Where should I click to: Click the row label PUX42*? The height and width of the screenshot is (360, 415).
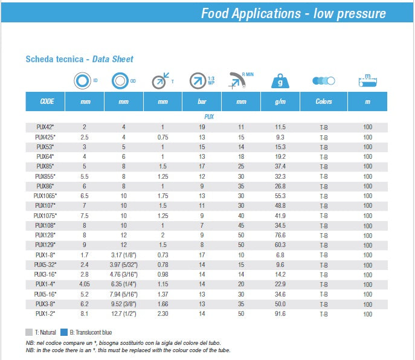(45, 127)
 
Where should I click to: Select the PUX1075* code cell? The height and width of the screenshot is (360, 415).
(45, 216)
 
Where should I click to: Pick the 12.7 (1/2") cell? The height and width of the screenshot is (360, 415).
(124, 314)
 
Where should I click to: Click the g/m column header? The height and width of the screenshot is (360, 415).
(280, 101)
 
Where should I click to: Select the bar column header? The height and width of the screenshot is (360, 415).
(202, 101)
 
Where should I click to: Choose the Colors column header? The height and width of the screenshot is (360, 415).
(324, 101)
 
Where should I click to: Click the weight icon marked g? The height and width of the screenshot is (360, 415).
(280, 80)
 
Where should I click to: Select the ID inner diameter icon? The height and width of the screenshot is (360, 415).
(82, 80)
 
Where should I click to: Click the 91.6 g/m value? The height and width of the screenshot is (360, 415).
(280, 314)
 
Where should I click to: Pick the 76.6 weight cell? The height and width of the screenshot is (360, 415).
(280, 235)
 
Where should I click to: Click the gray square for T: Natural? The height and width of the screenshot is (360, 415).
(29, 332)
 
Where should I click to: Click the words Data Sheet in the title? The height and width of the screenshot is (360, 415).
(112, 59)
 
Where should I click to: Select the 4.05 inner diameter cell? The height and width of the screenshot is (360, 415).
(85, 284)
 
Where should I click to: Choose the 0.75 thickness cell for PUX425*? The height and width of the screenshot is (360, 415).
(162, 137)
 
